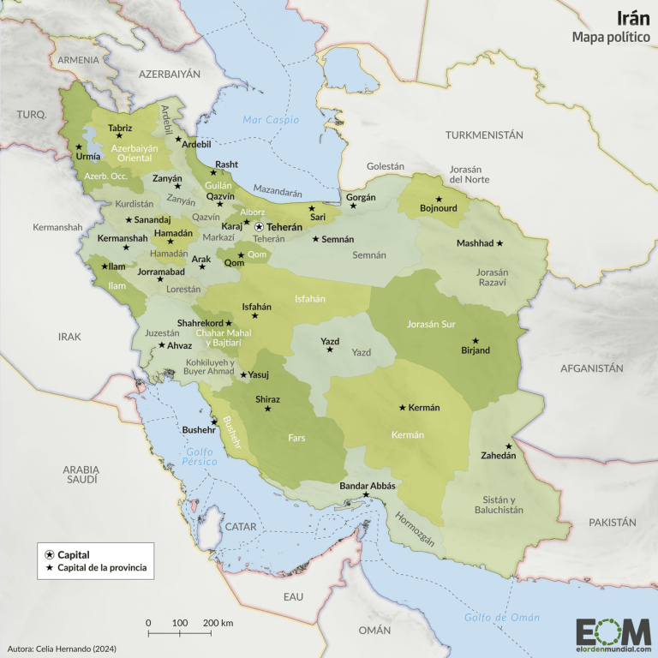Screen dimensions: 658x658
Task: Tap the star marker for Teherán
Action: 259,227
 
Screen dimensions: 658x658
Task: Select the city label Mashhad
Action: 475,243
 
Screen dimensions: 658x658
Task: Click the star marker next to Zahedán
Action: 508,446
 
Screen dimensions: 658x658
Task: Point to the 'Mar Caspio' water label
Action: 265,120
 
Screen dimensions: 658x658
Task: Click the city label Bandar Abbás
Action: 368,486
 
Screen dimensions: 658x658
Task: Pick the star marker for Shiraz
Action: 267,409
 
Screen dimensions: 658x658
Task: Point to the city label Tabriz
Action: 120,128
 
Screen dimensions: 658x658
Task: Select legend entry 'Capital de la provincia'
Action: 102,568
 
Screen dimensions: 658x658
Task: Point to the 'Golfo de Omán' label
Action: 502,617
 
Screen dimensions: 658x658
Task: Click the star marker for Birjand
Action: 475,340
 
